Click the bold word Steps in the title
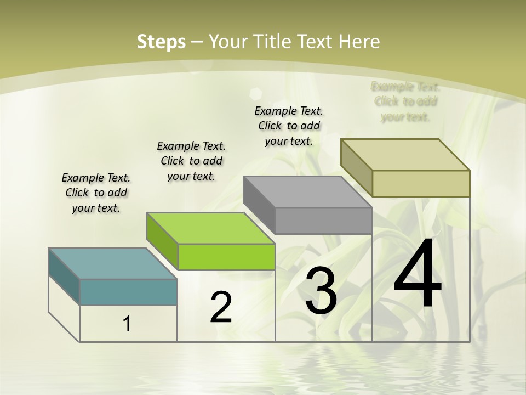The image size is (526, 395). pyautogui.click(x=161, y=42)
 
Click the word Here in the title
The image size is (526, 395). pyautogui.click(x=359, y=42)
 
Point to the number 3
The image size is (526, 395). pyautogui.click(x=321, y=291)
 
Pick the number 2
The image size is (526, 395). pyautogui.click(x=221, y=307)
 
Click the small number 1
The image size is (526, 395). pyautogui.click(x=127, y=324)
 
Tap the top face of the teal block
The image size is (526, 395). pyautogui.click(x=112, y=263)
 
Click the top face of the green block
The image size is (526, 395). pyautogui.click(x=210, y=228)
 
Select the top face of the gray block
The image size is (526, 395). pyautogui.click(x=307, y=192)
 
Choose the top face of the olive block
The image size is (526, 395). pyautogui.click(x=405, y=155)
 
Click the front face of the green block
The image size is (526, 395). pyautogui.click(x=226, y=257)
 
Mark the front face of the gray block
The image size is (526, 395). pyautogui.click(x=323, y=221)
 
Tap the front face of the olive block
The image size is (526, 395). pyautogui.click(x=421, y=183)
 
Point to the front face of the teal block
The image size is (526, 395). pyautogui.click(x=128, y=292)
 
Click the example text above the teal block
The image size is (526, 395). pyautogui.click(x=96, y=193)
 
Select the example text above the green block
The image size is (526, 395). pyautogui.click(x=191, y=161)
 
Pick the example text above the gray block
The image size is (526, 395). pyautogui.click(x=289, y=126)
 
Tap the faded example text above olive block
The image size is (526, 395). pyautogui.click(x=405, y=101)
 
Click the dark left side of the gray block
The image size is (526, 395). pyautogui.click(x=259, y=204)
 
